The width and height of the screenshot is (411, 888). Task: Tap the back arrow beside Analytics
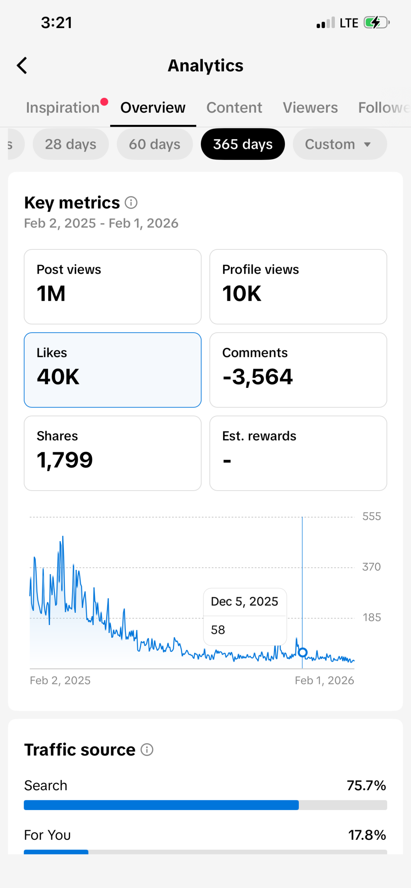[x=22, y=66]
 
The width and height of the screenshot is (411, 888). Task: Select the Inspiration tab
[x=63, y=108]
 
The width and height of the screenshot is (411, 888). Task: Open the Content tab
[x=234, y=108]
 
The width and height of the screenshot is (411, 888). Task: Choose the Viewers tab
[x=310, y=108]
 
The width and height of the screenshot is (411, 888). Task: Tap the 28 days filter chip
[x=71, y=144]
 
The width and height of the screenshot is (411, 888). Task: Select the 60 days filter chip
[x=155, y=144]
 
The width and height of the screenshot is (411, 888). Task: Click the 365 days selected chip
[x=243, y=144]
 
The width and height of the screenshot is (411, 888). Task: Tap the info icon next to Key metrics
[x=131, y=203]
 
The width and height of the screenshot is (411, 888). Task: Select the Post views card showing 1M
[x=113, y=287]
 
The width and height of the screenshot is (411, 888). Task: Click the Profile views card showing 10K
[x=298, y=287]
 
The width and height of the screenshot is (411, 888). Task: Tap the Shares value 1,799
[x=65, y=460]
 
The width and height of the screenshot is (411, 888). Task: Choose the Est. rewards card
[x=298, y=453]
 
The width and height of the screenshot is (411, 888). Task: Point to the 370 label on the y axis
[x=371, y=567]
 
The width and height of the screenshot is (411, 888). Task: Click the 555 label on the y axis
[x=371, y=516]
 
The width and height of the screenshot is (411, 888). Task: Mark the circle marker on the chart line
[x=303, y=652]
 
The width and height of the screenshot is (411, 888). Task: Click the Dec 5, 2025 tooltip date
[x=244, y=601]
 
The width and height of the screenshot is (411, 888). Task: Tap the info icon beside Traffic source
[x=147, y=750]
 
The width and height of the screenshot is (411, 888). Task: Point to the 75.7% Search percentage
[x=366, y=785]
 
